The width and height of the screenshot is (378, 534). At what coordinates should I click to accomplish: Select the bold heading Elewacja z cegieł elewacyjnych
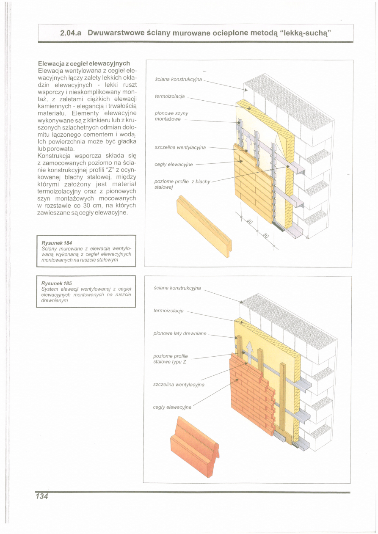point(83,63)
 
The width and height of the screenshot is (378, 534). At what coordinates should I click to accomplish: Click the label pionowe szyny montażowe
point(171,116)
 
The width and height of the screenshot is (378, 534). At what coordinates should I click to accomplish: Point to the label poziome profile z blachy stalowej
point(182,184)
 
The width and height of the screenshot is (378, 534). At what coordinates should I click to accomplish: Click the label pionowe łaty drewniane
point(179,333)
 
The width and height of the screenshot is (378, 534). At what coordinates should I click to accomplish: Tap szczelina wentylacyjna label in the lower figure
point(179,385)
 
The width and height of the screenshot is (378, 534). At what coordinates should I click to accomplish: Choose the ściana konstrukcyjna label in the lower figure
point(177,288)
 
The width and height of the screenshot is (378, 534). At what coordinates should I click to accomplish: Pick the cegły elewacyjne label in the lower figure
point(172,407)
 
